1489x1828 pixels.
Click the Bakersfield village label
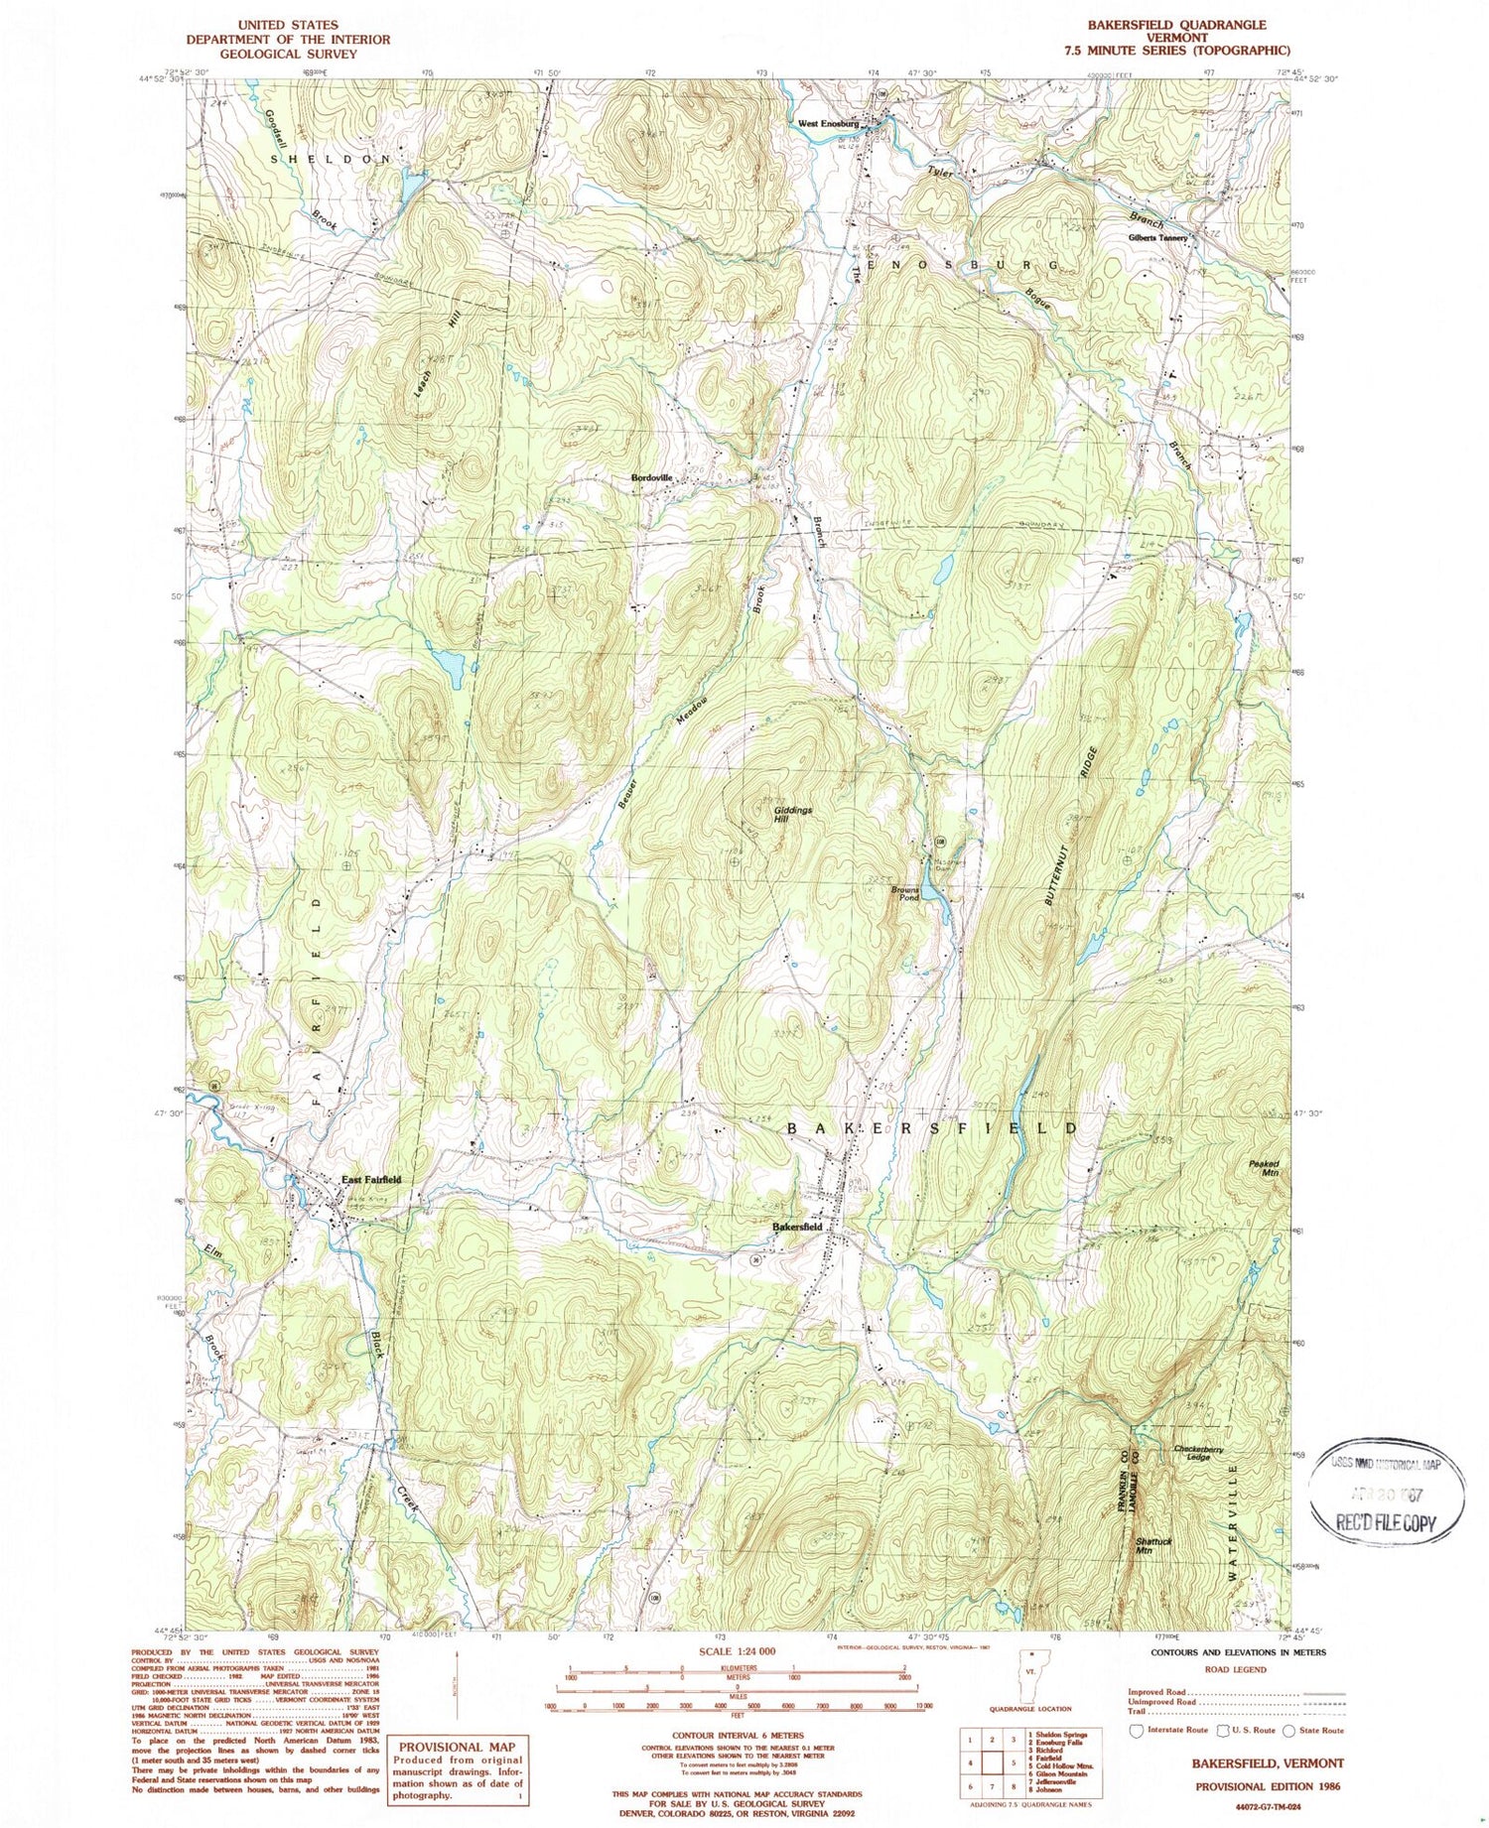pos(797,1227)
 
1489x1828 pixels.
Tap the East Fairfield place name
pos(371,1179)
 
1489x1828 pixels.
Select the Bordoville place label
pos(651,477)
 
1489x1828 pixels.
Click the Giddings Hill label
pos(793,815)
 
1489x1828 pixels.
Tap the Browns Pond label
pos(904,893)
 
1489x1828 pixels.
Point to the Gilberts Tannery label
pos(1157,238)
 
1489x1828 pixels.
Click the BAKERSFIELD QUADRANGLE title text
pos(1175,25)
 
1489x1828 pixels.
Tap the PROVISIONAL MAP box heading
pos(458,1747)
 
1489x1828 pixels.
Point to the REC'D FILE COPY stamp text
pos(1387,1524)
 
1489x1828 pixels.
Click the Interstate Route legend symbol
pos(1137,1730)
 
